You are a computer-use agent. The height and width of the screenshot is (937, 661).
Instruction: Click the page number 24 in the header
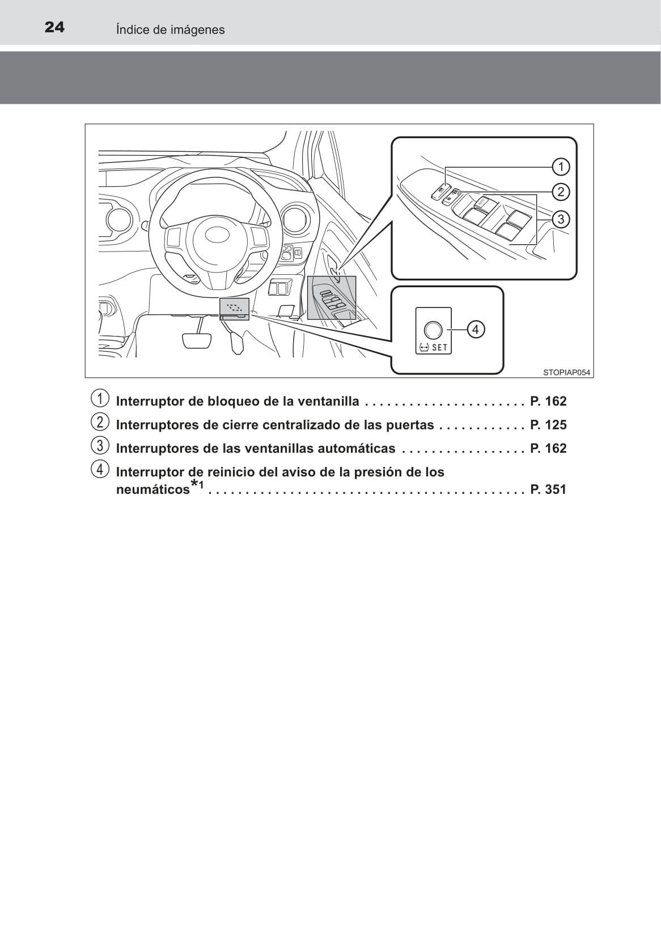[x=54, y=27]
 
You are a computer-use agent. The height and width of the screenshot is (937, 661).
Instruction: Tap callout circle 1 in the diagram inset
[x=561, y=167]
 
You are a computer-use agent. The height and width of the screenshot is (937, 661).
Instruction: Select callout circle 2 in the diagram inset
[x=561, y=191]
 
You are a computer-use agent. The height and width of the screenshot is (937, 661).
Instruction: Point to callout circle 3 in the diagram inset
[x=561, y=219]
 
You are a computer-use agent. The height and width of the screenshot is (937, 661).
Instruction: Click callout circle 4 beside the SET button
[x=476, y=329]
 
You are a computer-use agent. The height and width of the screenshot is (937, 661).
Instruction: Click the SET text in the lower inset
[x=439, y=348]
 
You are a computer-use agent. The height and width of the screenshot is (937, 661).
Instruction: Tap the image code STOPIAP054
[x=566, y=372]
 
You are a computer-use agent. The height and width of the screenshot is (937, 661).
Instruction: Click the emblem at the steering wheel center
[x=217, y=235]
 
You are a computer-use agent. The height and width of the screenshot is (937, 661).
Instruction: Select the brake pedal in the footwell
[x=197, y=340]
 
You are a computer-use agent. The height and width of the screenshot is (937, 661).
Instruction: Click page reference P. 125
[x=548, y=425]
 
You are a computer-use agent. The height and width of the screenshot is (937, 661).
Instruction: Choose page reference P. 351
[x=548, y=489]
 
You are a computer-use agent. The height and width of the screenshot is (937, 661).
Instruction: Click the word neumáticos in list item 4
[x=152, y=489]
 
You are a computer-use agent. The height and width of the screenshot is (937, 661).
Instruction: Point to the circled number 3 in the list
[x=100, y=446]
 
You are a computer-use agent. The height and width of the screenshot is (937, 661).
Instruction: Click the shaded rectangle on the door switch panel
[x=332, y=298]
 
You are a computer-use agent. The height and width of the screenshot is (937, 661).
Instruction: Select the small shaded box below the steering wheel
[x=234, y=308]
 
